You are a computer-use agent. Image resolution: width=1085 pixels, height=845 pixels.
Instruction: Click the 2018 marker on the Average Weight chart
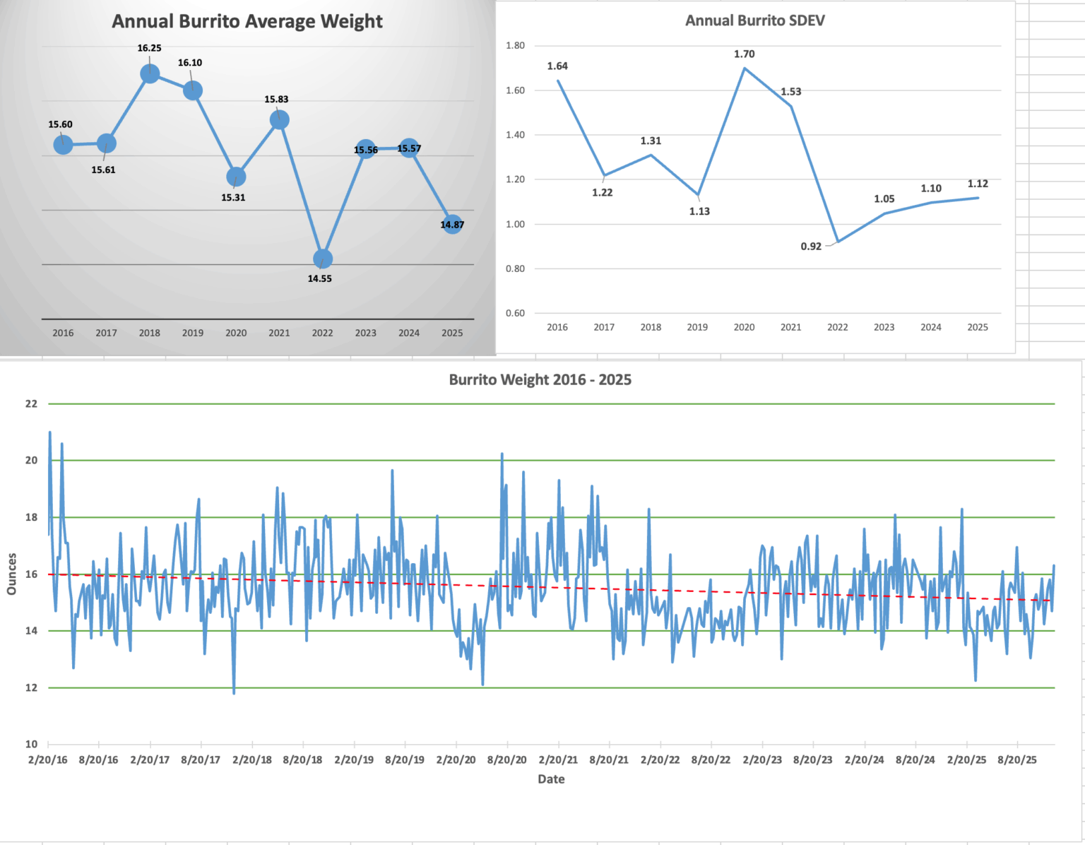pos(150,73)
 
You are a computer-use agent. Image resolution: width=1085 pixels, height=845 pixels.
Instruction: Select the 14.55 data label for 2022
pos(319,278)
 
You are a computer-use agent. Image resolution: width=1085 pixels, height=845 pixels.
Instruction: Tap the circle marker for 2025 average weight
pos(452,225)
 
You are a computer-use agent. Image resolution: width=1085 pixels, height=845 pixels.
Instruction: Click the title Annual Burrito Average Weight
pos(247,21)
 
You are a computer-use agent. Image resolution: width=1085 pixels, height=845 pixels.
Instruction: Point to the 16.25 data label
pos(149,48)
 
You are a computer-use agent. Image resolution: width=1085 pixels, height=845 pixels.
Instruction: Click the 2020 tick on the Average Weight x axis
pos(236,333)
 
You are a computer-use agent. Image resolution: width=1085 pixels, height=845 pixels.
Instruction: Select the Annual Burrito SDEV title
pos(754,20)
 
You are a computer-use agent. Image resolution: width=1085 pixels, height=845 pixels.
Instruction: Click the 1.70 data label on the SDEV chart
pos(744,54)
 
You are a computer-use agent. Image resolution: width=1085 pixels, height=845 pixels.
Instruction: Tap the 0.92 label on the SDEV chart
pos(811,247)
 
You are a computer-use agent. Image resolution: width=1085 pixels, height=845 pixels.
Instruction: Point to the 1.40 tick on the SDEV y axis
pos(515,135)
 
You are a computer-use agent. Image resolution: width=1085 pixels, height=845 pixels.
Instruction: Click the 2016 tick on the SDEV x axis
pos(557,327)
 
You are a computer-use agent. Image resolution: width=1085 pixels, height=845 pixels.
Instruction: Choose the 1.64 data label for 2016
pos(557,66)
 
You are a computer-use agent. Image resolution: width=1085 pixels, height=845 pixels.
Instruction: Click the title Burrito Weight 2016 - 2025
pos(540,379)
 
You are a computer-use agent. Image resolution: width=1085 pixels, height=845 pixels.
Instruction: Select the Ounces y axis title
pos(11,574)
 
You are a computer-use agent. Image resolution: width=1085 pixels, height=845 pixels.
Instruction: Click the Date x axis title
pos(551,779)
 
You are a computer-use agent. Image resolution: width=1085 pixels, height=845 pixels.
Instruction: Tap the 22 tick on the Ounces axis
pos(31,404)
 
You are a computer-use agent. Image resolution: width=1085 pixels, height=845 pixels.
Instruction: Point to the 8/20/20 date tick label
pos(506,760)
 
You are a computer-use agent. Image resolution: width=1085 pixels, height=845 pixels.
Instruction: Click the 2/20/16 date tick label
pos(48,760)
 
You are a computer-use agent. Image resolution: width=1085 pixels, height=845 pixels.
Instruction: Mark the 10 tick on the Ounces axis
pos(31,744)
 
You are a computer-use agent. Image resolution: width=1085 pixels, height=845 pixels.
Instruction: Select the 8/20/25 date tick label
pos(1017,760)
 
